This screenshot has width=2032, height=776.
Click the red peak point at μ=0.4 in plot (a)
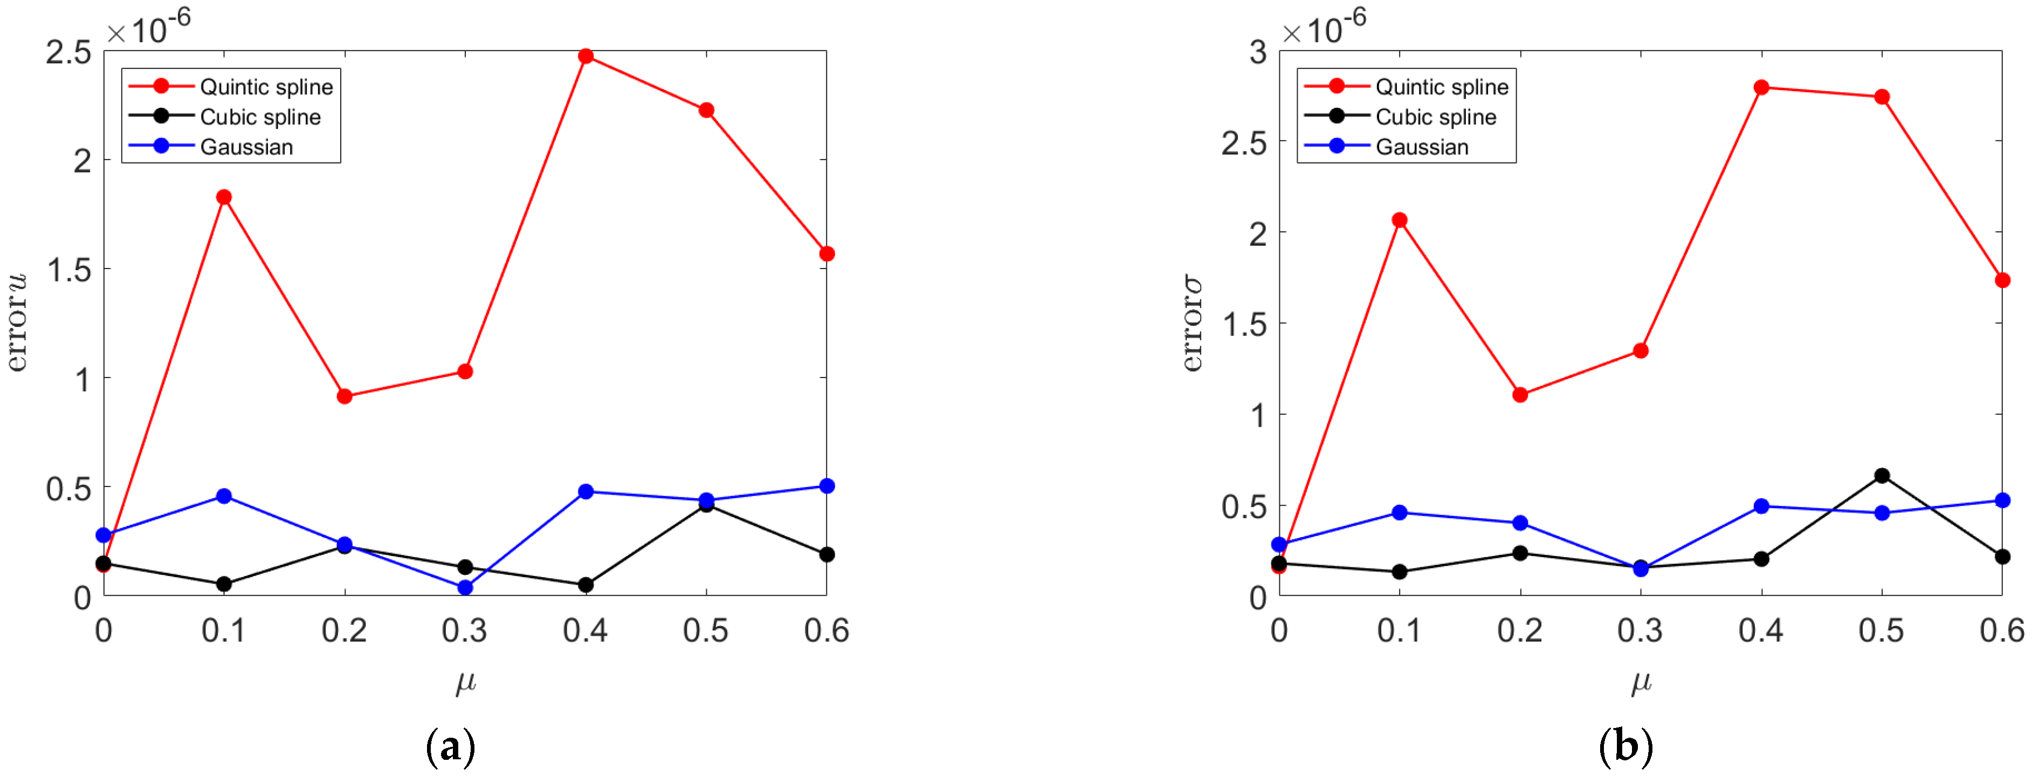[x=586, y=56]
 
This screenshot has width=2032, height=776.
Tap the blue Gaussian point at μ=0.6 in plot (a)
[x=826, y=486]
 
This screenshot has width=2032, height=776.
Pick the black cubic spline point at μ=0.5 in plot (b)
[x=1882, y=476]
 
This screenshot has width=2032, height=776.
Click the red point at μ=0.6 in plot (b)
[x=2002, y=280]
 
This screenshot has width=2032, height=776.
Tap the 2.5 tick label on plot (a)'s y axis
[x=68, y=52]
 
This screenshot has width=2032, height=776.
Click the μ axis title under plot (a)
[x=465, y=682]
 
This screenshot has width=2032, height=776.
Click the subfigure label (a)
[x=450, y=746]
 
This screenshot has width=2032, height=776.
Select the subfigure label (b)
[x=1625, y=746]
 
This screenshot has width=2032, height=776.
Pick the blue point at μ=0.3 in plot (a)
[x=465, y=587]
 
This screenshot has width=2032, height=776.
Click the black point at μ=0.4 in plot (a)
[x=586, y=585]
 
